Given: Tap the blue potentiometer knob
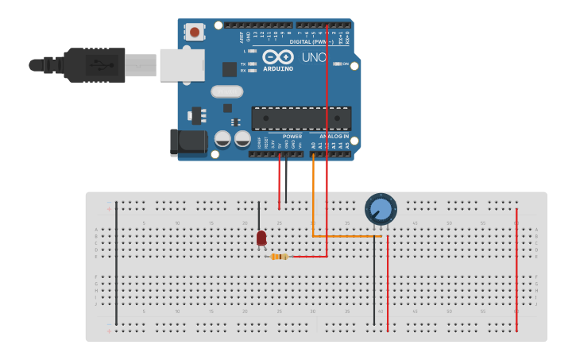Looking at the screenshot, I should [381, 209].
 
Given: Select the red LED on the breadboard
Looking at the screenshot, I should [261, 237].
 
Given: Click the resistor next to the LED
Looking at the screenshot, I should [278, 257].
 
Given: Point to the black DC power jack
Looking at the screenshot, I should [187, 142].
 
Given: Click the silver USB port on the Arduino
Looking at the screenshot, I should [182, 65].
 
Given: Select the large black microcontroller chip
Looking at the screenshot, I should [301, 118].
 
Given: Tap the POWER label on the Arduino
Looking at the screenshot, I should [292, 137].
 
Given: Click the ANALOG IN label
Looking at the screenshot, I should [334, 137].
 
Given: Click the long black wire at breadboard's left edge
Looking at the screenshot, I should [116, 262].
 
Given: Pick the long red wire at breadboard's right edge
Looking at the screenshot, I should [516, 270].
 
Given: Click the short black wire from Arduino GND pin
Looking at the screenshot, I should [286, 179].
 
